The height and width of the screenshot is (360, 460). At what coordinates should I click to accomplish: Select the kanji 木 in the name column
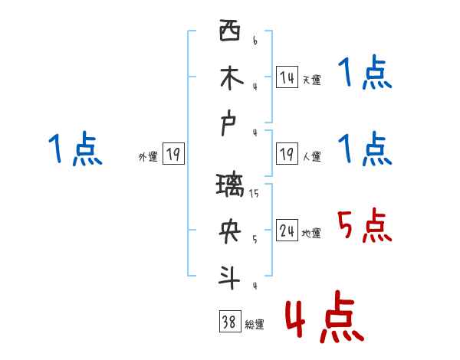tap(229, 79)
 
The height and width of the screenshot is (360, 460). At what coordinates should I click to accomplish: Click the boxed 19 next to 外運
tap(173, 154)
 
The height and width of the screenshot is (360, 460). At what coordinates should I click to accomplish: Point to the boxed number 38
tap(228, 322)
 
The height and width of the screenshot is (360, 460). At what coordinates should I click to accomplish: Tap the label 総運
tap(254, 325)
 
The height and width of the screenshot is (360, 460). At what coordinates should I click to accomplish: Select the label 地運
tap(311, 234)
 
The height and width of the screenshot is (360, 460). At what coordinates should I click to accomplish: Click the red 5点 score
tap(364, 226)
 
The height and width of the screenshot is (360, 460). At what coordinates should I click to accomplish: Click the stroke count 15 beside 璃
tap(254, 194)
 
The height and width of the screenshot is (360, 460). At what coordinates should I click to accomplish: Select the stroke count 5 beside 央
tap(254, 239)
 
